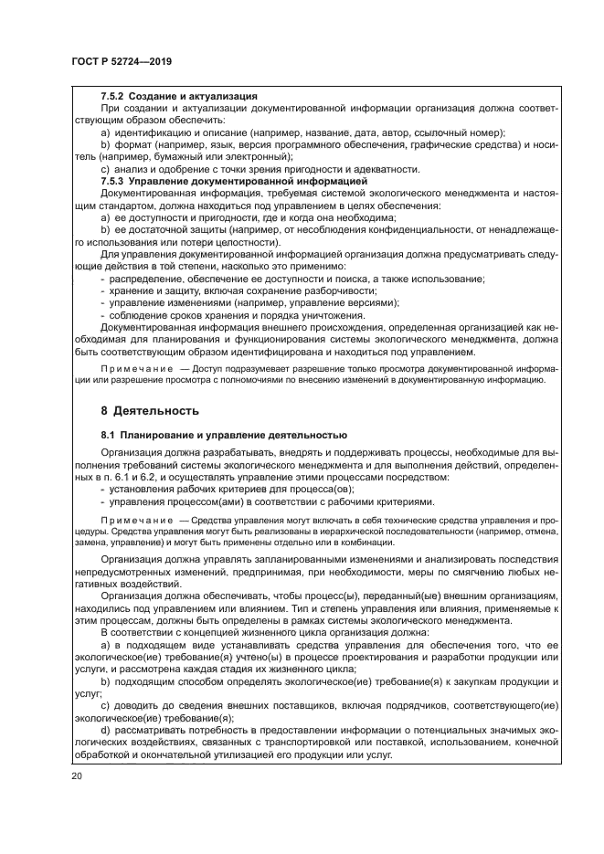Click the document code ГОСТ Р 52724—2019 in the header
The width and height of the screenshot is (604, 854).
click(x=122, y=62)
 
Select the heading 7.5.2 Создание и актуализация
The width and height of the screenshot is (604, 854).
click(x=179, y=96)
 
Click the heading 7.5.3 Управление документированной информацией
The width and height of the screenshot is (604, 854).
click(x=233, y=182)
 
